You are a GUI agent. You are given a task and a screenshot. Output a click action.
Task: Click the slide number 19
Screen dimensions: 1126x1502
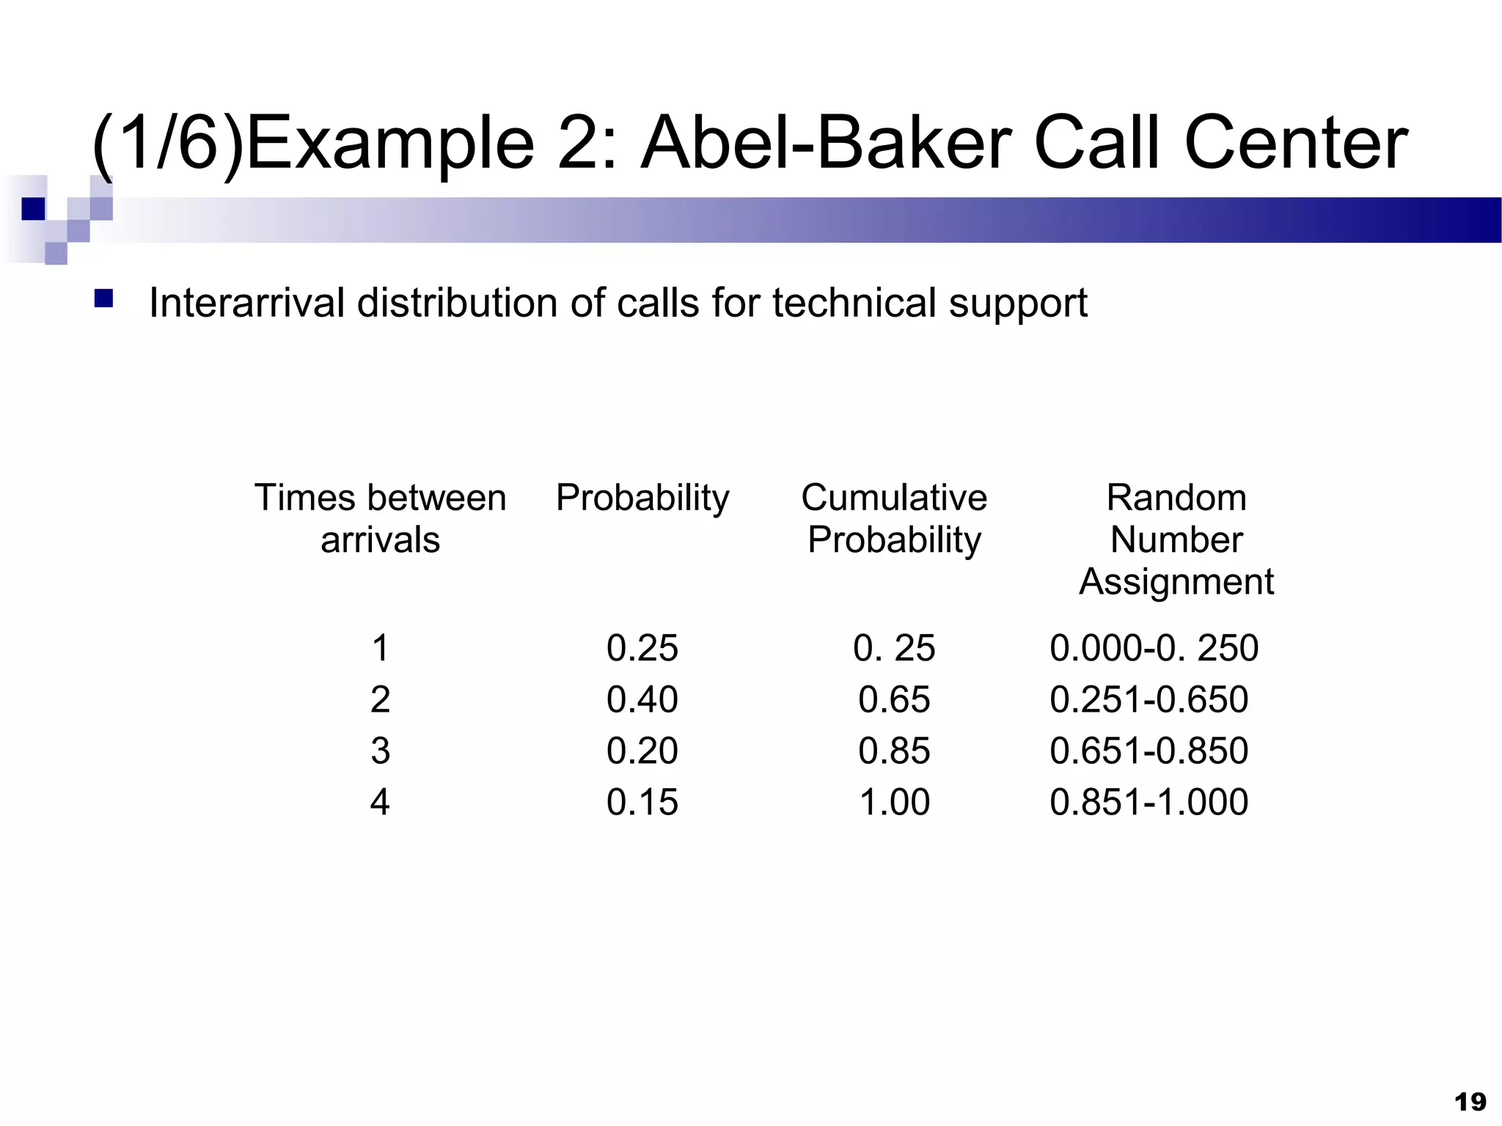click(x=1470, y=1102)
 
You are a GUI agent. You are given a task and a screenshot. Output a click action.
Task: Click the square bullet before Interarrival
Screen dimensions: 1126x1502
click(x=103, y=298)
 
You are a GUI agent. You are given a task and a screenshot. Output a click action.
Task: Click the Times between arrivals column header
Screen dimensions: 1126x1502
click(x=380, y=518)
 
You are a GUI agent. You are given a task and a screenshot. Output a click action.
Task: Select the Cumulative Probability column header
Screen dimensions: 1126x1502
click(x=894, y=518)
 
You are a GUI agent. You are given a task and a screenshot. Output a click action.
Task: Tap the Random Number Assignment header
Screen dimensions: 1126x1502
click(x=1176, y=540)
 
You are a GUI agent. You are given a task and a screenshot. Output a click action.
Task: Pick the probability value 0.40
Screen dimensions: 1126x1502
click(x=642, y=699)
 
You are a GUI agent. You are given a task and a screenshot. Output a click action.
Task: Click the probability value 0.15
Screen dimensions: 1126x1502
click(x=642, y=802)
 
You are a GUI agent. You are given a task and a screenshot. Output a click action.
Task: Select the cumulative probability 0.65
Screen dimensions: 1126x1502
click(x=894, y=699)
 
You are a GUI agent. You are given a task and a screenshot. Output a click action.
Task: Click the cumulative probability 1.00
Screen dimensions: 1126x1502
click(x=894, y=802)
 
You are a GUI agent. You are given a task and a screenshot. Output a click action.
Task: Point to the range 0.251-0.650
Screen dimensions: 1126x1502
click(x=1149, y=699)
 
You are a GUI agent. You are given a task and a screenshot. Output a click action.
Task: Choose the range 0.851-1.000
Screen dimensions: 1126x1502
click(x=1149, y=802)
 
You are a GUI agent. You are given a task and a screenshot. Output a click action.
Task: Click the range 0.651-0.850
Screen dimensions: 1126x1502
click(x=1149, y=751)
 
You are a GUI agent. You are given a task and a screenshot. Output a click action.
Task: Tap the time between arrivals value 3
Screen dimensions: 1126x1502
click(x=380, y=751)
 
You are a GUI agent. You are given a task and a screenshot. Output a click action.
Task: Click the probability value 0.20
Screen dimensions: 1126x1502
click(x=642, y=751)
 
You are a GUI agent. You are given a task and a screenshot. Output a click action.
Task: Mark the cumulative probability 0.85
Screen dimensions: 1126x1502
click(x=894, y=751)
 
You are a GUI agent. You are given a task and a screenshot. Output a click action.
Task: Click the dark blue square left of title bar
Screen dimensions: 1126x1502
click(x=33, y=209)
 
